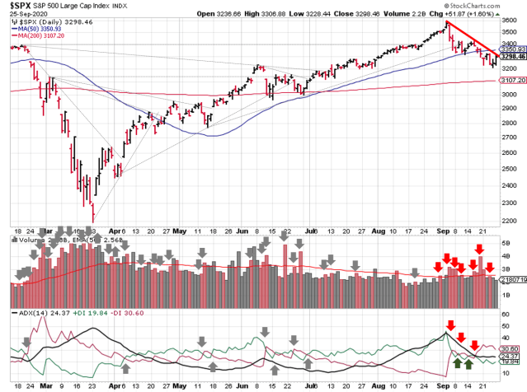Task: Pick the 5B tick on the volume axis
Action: click(x=504, y=245)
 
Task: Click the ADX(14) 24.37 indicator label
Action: click(x=39, y=315)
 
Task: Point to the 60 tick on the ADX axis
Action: click(x=504, y=317)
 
